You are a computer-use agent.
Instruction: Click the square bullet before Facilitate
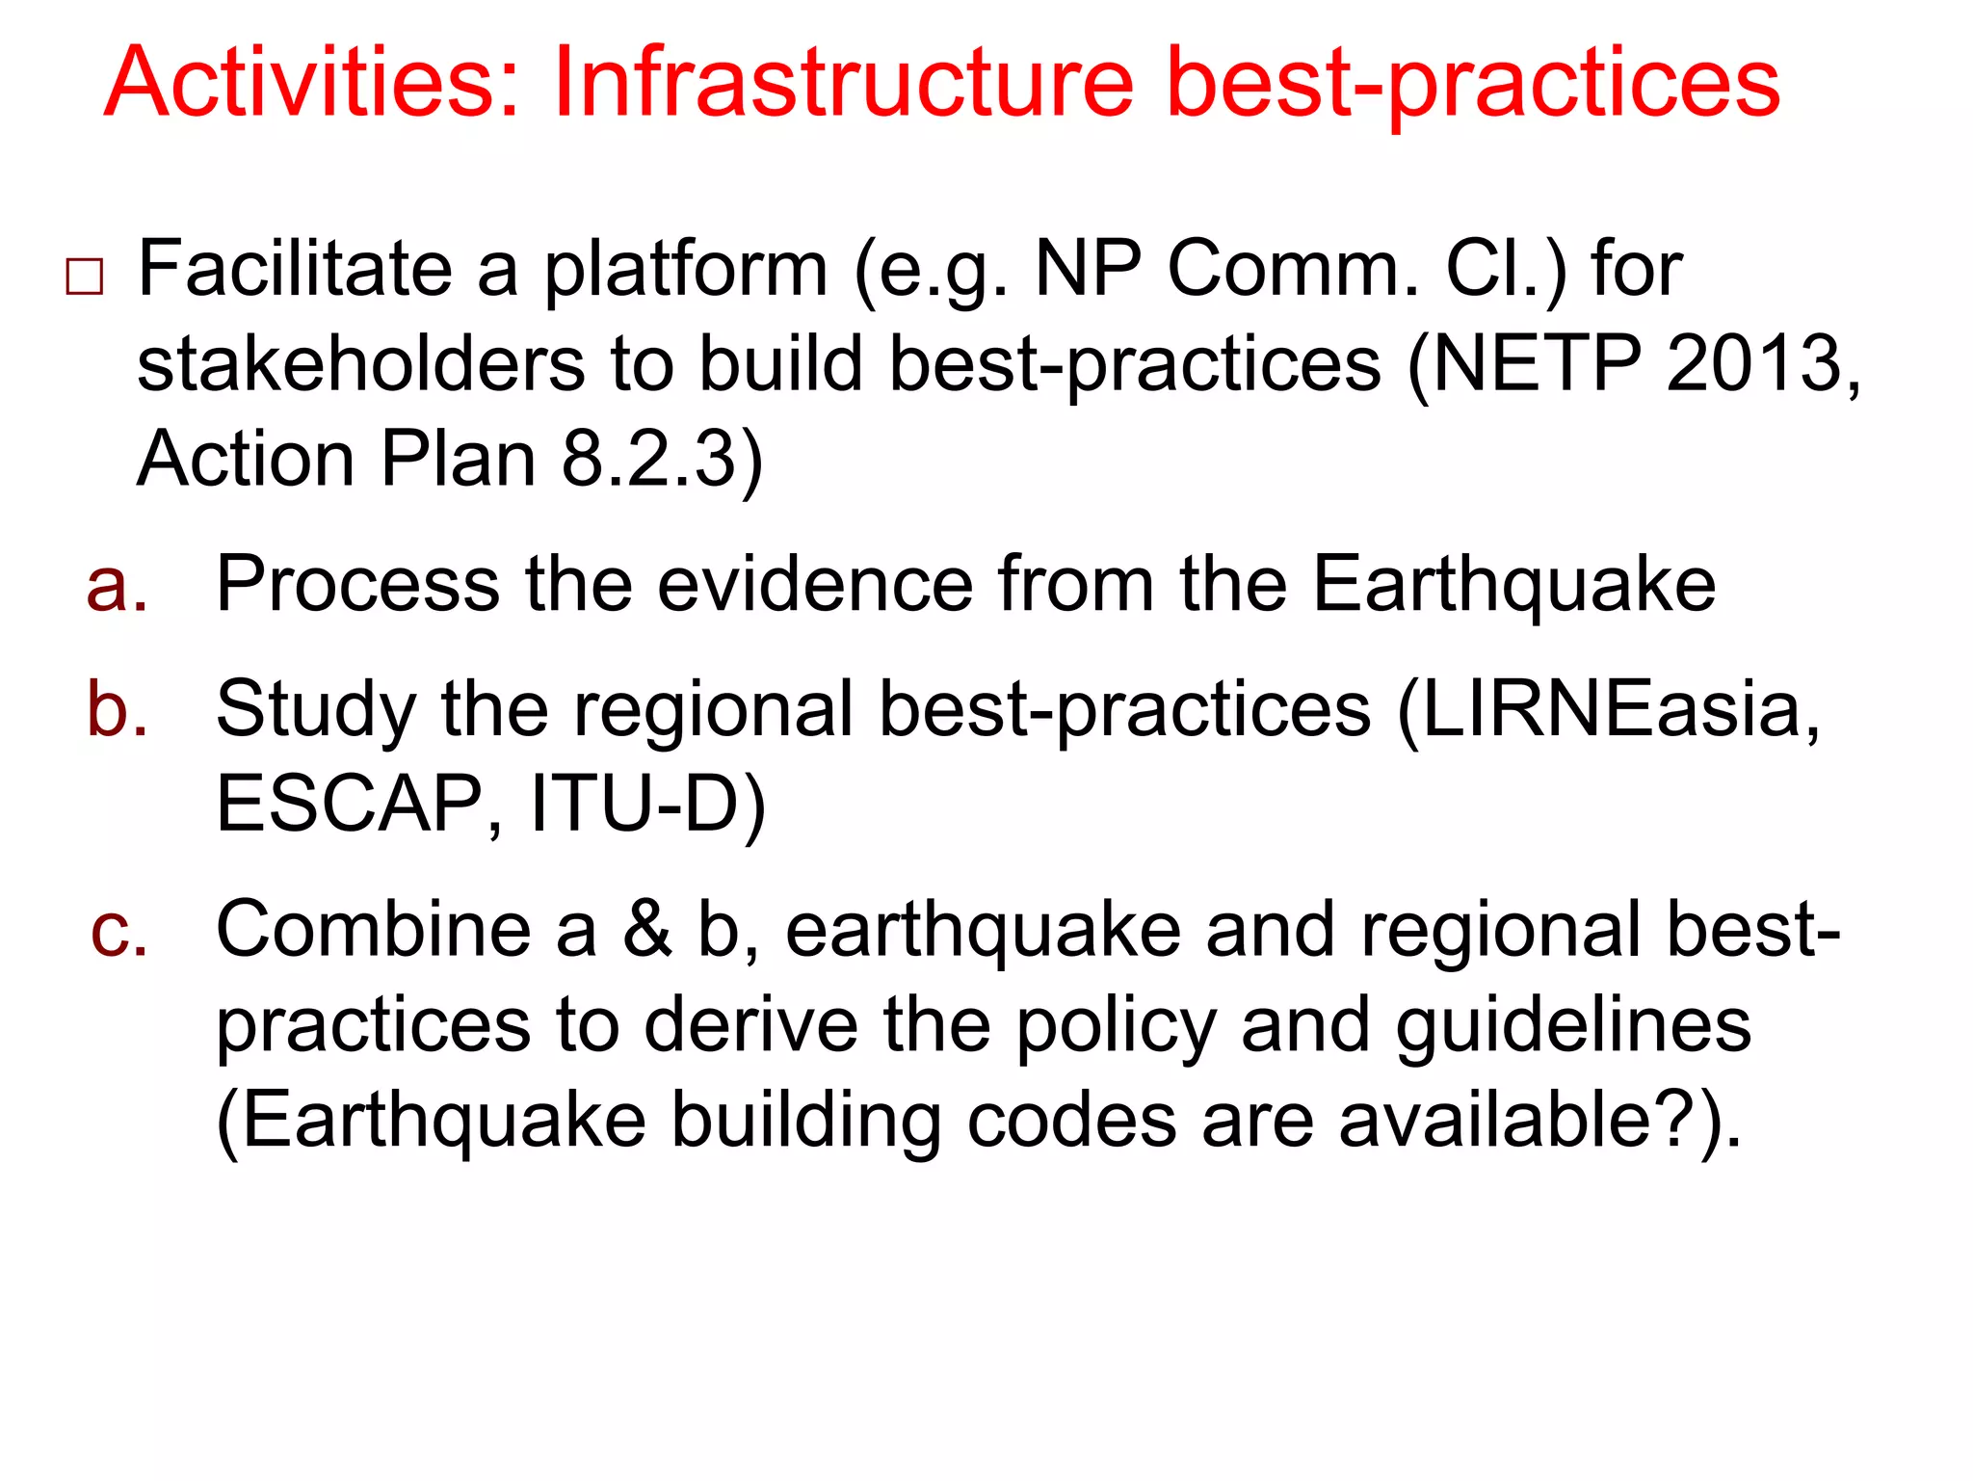point(85,278)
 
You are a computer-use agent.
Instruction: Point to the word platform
point(685,270)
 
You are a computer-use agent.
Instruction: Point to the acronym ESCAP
point(350,804)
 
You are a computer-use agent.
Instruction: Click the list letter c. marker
point(119,930)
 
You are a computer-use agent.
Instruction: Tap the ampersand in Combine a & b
point(646,930)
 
